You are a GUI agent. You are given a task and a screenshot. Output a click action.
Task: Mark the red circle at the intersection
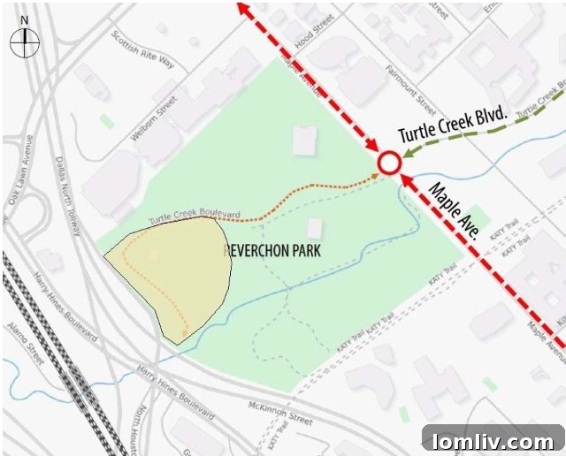[388, 163]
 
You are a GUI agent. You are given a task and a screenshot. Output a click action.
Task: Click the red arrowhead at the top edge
[242, 7]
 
